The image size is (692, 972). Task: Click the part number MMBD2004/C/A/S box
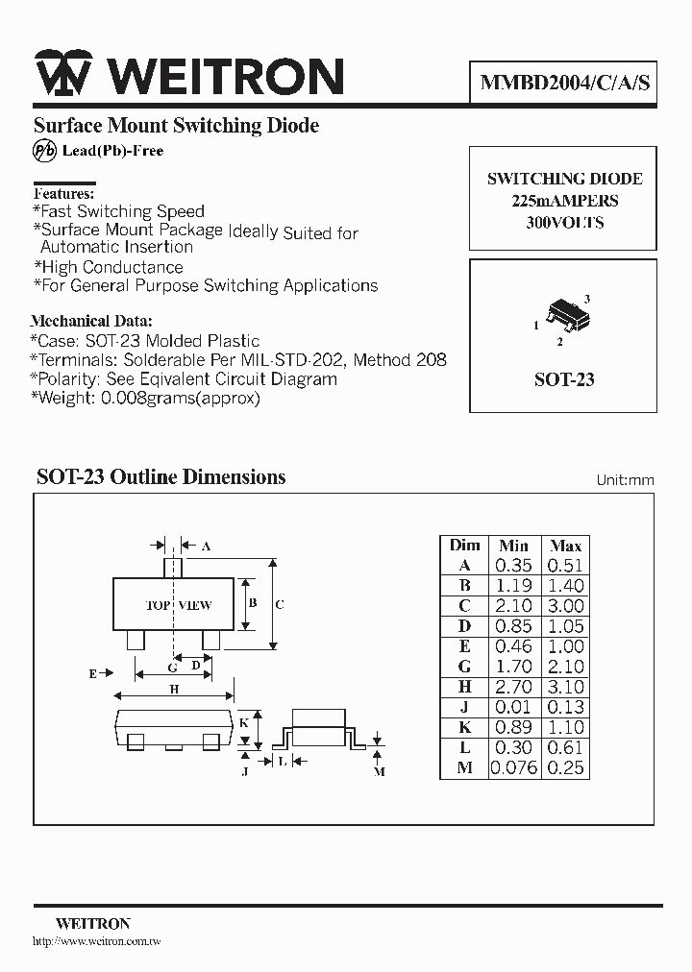pos(564,83)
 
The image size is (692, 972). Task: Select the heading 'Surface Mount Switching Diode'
pos(176,126)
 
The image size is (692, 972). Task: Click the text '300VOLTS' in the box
pos(564,222)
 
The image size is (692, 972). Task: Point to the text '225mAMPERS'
pos(564,201)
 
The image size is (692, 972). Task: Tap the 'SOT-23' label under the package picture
pos(564,379)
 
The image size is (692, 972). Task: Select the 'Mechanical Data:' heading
pos(91,321)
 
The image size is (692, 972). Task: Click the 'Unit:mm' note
pos(625,479)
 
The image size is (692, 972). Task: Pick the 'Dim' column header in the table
pos(464,546)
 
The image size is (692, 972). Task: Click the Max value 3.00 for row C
pos(565,606)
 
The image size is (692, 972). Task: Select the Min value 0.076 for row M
pos(513,767)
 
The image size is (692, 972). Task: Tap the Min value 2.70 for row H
pos(513,687)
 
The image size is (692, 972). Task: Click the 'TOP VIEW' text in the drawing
pos(179,606)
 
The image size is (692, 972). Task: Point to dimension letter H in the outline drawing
pos(174,689)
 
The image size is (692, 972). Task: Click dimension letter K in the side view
pos(244,722)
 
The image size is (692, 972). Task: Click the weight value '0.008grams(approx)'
pos(181,398)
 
